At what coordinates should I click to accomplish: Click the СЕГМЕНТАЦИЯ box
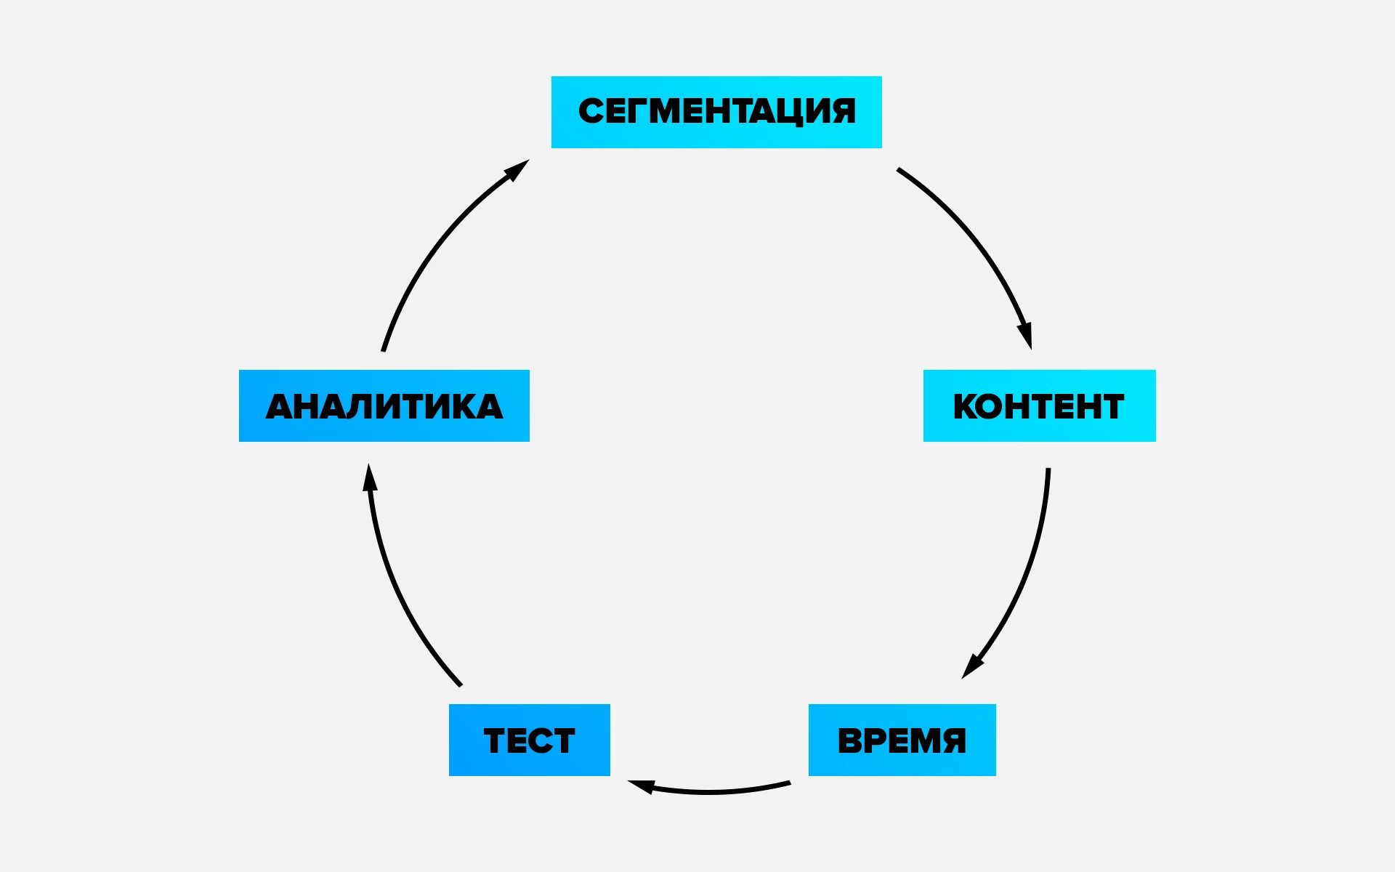[716, 112]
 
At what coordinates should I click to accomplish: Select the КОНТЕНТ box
[1039, 405]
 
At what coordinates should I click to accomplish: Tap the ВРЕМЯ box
[902, 740]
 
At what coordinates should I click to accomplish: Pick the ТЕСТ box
[529, 740]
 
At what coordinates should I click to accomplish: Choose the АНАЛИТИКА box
[384, 405]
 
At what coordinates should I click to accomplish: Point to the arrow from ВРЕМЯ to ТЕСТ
[712, 791]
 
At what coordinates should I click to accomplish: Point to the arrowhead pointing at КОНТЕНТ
[1025, 335]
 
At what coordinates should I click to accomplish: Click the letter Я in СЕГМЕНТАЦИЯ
[842, 112]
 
